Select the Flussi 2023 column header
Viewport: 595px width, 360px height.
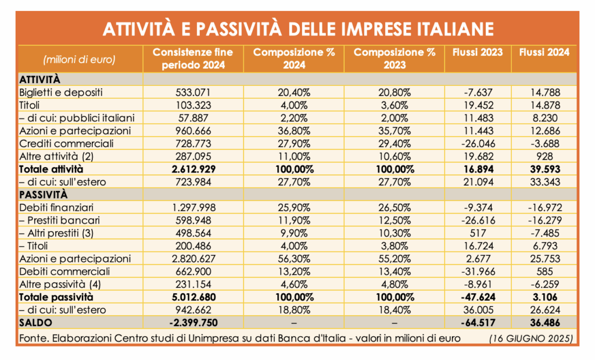(x=478, y=52)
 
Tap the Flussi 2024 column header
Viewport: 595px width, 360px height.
(x=544, y=52)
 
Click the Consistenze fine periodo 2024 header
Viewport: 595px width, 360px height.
(x=193, y=59)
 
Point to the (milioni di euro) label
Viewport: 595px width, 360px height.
(x=79, y=60)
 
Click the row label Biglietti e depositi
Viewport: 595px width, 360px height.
(x=60, y=92)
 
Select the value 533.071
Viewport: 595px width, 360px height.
(x=193, y=92)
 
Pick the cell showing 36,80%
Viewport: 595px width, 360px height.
(x=293, y=131)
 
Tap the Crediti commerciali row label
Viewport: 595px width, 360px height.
(x=66, y=144)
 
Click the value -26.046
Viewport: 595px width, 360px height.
(x=478, y=144)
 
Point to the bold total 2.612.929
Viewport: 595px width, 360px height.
(x=193, y=169)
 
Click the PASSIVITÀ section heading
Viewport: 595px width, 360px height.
(x=43, y=195)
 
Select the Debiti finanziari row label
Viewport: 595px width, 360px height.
(x=56, y=207)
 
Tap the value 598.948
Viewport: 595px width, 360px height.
(x=193, y=221)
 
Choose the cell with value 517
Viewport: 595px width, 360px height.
(x=478, y=233)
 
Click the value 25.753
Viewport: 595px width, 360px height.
(x=544, y=259)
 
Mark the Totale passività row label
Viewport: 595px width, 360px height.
(x=56, y=297)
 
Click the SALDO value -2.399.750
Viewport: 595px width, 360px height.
(x=193, y=323)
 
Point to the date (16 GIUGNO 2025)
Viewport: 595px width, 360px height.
(x=531, y=339)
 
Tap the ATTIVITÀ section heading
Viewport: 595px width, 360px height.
(x=40, y=80)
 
